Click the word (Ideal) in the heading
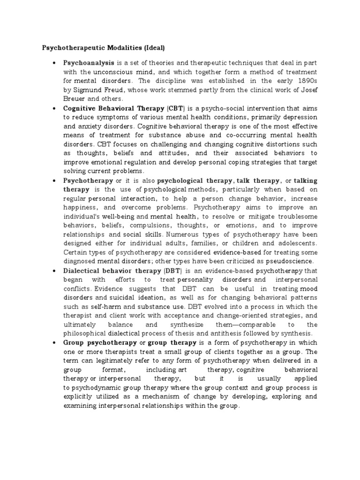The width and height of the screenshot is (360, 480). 150,47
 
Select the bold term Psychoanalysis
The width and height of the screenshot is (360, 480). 88,63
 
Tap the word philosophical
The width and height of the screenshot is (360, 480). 86,333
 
